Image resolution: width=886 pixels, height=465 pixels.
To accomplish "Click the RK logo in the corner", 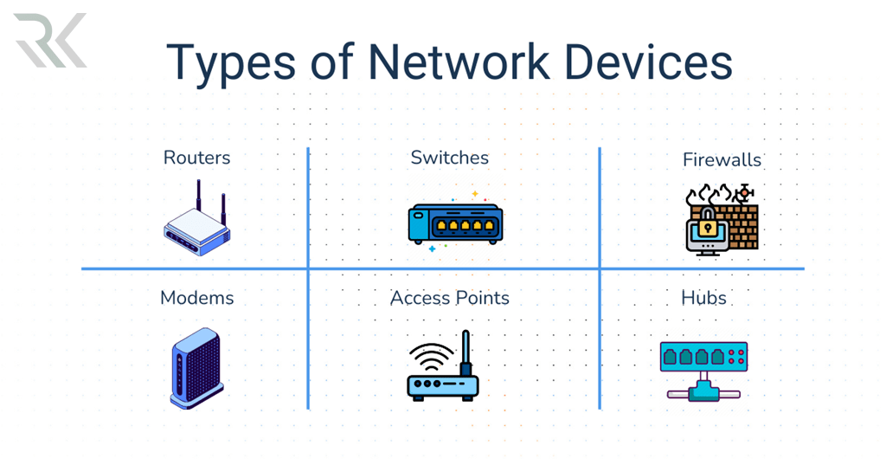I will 50,41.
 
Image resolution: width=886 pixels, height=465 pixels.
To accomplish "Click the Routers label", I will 197,158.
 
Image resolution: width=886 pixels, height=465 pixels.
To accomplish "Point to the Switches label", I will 449,158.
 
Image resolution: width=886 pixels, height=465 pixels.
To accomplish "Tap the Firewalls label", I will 722,159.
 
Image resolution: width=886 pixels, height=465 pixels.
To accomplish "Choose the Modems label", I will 197,298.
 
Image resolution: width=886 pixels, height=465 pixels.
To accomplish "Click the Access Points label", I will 449,298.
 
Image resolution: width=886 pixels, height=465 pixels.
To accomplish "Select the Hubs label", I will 703,298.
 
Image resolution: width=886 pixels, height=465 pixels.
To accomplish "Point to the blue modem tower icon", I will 196,367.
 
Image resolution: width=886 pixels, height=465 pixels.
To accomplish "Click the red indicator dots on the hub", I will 737,356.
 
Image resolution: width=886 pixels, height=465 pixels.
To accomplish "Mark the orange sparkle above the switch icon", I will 475,193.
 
